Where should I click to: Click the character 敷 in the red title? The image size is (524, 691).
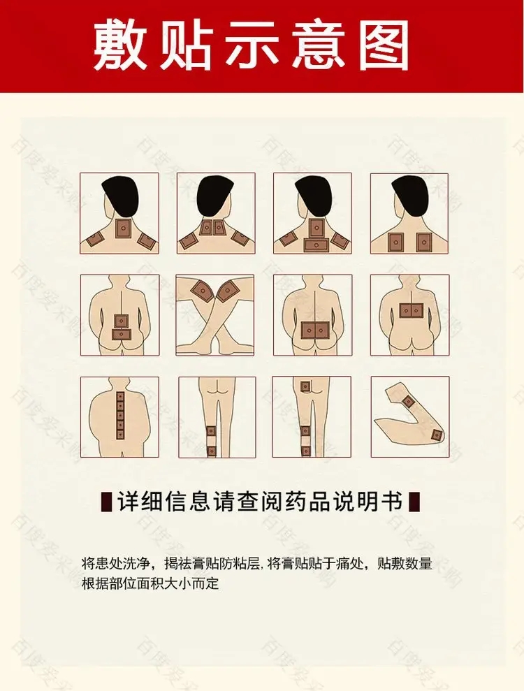(120, 45)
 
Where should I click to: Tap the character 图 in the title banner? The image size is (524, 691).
(383, 45)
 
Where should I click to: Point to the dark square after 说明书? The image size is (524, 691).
(415, 501)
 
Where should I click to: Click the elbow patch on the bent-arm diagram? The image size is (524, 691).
(436, 435)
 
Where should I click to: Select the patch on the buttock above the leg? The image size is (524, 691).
(305, 386)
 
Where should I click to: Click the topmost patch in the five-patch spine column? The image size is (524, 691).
(120, 395)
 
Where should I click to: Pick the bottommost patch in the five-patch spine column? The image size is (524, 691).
(120, 434)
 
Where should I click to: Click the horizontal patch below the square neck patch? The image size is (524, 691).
(316, 245)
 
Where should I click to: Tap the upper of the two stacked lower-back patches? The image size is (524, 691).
(121, 321)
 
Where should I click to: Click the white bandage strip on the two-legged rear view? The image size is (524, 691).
(212, 442)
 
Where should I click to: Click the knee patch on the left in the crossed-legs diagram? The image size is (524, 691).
(203, 291)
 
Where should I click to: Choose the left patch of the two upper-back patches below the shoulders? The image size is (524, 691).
(395, 242)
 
